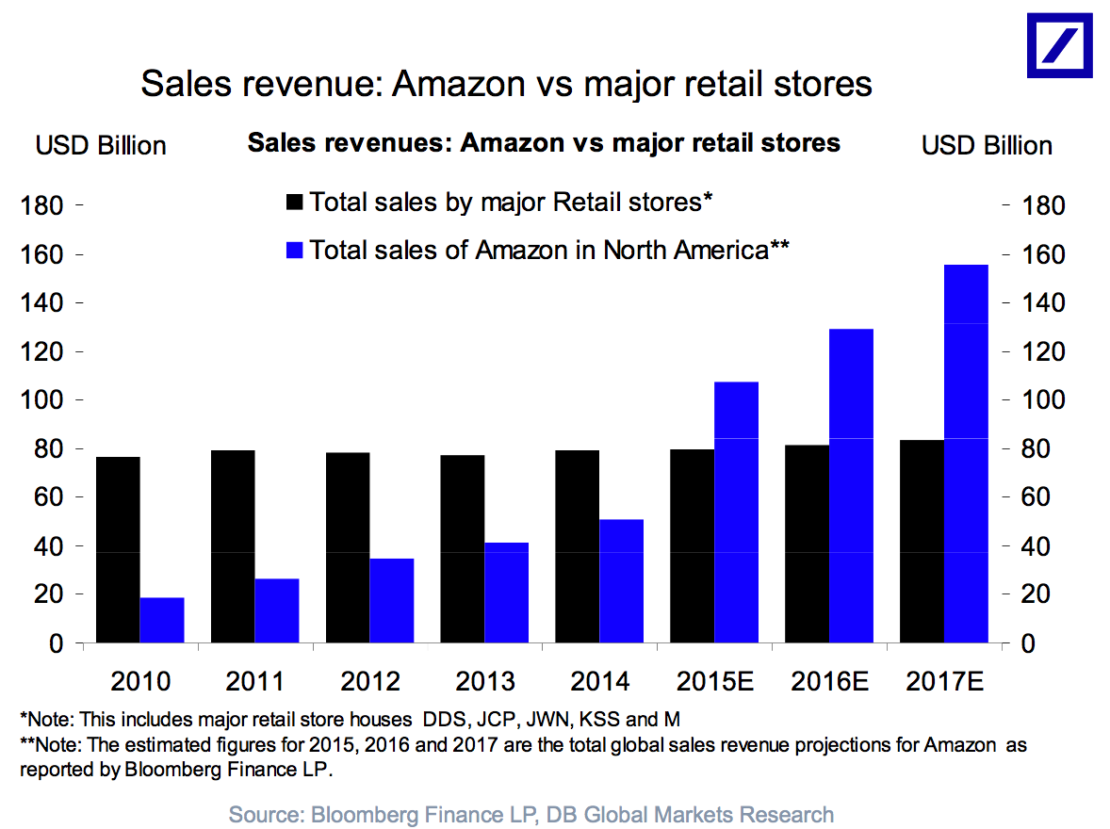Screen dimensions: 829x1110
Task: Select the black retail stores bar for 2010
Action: point(118,550)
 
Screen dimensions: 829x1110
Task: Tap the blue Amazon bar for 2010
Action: point(162,620)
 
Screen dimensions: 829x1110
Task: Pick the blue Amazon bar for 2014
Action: point(622,581)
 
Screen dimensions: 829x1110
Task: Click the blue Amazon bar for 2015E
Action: point(737,512)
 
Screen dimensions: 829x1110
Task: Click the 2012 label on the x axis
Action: point(370,681)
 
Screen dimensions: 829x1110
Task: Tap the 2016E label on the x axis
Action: point(829,681)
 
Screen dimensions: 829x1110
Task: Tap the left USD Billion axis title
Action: point(101,146)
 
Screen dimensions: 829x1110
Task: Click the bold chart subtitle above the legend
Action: point(543,144)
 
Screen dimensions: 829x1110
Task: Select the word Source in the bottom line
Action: point(262,814)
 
